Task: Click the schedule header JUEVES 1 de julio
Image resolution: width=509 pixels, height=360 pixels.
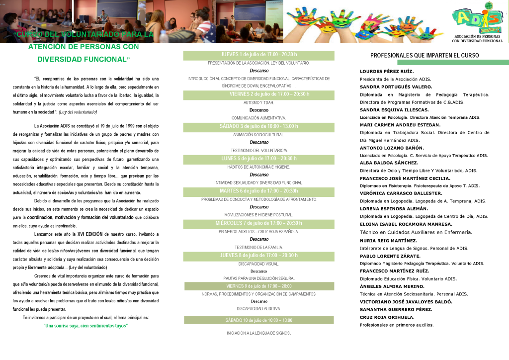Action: point(258,55)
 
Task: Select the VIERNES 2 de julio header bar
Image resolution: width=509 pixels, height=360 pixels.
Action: point(258,94)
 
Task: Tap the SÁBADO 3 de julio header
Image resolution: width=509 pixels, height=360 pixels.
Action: point(258,126)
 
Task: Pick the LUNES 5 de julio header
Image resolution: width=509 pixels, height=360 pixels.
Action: point(258,159)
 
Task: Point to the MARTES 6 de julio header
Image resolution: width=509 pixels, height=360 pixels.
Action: point(258,191)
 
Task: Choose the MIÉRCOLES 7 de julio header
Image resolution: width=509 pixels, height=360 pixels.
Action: point(258,223)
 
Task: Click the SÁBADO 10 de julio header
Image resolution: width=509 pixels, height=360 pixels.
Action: point(258,320)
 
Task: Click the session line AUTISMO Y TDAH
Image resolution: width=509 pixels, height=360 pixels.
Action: point(258,102)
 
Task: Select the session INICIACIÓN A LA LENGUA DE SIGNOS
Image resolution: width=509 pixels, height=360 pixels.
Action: point(258,333)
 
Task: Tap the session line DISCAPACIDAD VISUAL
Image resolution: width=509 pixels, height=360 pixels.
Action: point(258,264)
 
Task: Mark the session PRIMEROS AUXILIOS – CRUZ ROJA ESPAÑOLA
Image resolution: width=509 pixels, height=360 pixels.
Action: point(258,232)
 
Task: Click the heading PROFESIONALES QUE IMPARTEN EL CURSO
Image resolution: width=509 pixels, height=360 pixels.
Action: point(424,56)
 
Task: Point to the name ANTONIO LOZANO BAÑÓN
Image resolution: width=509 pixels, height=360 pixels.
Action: point(392,148)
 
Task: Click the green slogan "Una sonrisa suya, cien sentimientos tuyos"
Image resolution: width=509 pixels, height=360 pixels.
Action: point(85,326)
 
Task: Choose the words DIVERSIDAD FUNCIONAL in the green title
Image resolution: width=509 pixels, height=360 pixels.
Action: point(82,59)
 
